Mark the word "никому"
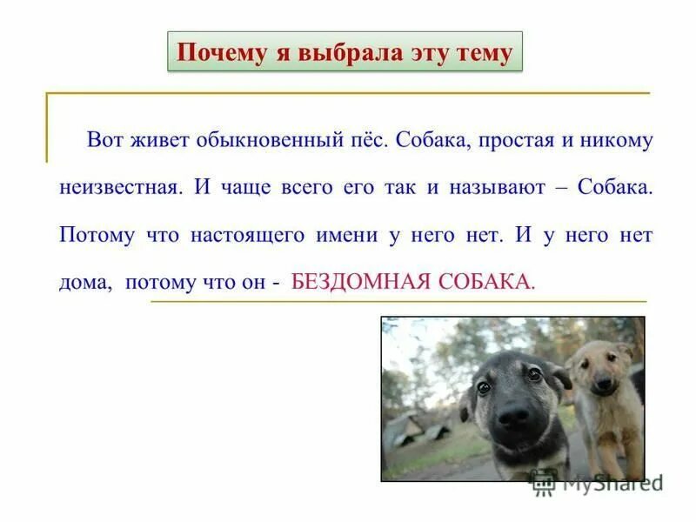pyautogui.click(x=617, y=141)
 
